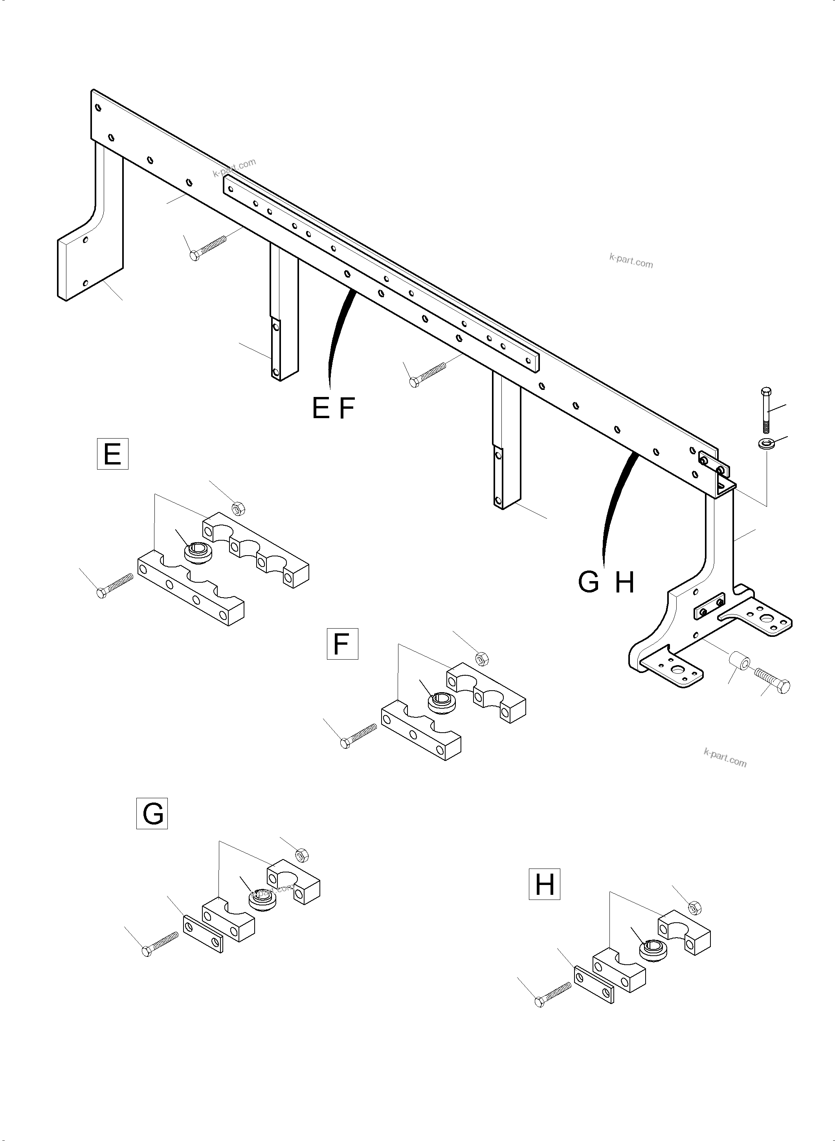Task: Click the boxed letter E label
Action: click(x=112, y=455)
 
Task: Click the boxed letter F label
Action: click(x=342, y=644)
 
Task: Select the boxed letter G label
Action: click(x=152, y=814)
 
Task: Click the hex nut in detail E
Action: click(x=236, y=508)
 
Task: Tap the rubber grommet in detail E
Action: click(x=198, y=552)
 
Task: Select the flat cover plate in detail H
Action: click(x=594, y=984)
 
